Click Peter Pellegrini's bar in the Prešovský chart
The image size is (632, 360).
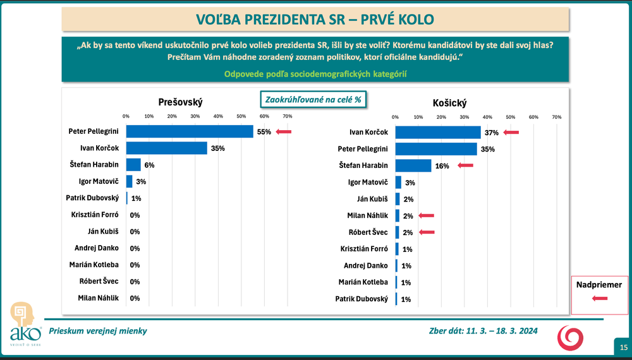click(190, 131)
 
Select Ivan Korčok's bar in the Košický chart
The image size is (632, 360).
click(438, 132)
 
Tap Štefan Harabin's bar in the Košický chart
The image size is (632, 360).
click(413, 165)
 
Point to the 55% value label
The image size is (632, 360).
click(264, 132)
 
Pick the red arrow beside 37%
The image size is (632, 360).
click(511, 133)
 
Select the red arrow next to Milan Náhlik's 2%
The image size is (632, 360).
click(426, 216)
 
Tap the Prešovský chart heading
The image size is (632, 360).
click(180, 102)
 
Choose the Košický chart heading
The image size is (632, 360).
click(450, 103)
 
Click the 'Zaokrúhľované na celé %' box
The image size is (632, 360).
click(313, 100)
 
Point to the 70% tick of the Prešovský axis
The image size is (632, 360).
click(287, 117)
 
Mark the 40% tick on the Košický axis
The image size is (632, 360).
click(487, 117)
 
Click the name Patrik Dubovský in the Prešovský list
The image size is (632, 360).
click(93, 198)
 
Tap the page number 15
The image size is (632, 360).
click(623, 347)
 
